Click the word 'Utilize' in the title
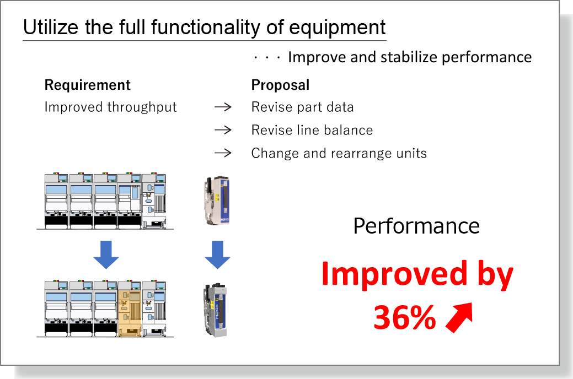[x=51, y=27]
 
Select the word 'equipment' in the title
[x=337, y=28]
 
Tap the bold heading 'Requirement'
[x=87, y=85]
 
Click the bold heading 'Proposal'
[x=280, y=85]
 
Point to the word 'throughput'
[x=142, y=107]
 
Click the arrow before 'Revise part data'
[x=223, y=107]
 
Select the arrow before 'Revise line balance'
[x=223, y=130]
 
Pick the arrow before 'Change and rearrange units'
[x=223, y=153]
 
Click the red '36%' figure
[x=405, y=317]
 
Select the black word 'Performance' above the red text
[x=416, y=226]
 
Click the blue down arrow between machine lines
[x=106, y=255]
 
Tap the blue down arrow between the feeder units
[x=217, y=255]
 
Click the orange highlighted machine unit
[x=130, y=309]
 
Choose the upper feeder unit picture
[x=217, y=201]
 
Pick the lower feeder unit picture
[x=216, y=310]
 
